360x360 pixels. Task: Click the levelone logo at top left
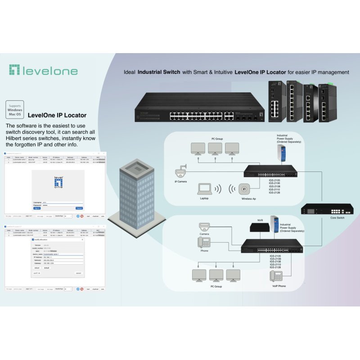(x=43, y=70)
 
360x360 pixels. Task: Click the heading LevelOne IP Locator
(x=57, y=115)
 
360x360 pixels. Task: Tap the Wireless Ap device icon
(x=245, y=189)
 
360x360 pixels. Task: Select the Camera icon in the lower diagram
(x=205, y=227)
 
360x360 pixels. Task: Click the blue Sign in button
(x=37, y=208)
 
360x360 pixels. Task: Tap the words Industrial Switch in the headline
(x=159, y=72)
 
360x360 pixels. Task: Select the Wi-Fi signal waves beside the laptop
(x=217, y=189)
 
